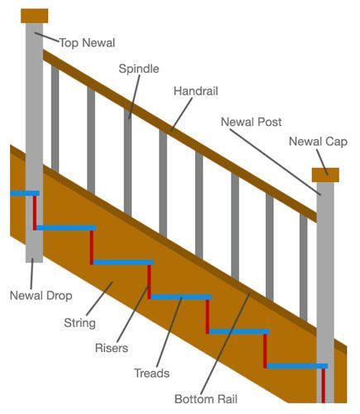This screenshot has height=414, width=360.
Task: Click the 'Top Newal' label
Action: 87,43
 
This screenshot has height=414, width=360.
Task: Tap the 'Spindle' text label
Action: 138,70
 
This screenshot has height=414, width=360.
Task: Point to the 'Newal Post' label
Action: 251,123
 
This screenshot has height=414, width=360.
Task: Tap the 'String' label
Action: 79,323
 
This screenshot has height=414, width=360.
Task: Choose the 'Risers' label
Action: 112,348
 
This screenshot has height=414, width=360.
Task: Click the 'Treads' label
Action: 151,373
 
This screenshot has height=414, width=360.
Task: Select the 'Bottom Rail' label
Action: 206,398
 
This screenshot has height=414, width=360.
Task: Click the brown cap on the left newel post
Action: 34,16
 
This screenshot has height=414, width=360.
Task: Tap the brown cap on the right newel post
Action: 325,174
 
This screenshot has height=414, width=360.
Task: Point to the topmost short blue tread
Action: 24,194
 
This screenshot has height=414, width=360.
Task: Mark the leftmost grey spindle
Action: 55,116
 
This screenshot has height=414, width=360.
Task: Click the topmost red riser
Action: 34,212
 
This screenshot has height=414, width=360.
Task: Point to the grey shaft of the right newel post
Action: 325,273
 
